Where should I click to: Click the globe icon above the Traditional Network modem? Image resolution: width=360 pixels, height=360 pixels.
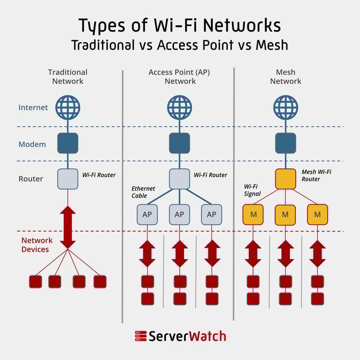[67, 107]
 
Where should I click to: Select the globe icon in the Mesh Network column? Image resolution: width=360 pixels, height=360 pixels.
[285, 107]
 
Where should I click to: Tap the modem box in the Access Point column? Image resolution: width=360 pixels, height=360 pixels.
[180, 143]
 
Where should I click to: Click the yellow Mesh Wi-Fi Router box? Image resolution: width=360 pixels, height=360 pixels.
[285, 179]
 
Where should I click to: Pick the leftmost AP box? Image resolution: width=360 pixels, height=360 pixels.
[147, 214]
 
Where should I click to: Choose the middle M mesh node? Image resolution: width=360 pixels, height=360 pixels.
[285, 214]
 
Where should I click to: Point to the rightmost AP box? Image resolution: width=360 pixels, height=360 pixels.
[211, 214]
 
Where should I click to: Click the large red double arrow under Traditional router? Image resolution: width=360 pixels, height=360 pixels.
[67, 227]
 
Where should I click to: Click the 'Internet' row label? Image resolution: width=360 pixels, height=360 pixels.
[33, 107]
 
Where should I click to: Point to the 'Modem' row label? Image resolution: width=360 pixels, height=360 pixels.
[32, 144]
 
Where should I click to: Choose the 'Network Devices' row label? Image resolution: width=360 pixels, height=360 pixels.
[36, 245]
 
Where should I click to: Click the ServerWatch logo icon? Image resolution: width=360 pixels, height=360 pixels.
[140, 336]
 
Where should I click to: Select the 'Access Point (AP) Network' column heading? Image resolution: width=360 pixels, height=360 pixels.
[180, 76]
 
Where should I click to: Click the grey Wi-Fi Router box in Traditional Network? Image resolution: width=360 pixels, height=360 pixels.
[67, 179]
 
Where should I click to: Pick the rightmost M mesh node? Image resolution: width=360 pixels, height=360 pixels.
[317, 214]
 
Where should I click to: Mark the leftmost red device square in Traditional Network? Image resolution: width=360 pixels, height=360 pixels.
[36, 281]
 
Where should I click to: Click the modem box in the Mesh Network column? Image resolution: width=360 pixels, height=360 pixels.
[285, 143]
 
